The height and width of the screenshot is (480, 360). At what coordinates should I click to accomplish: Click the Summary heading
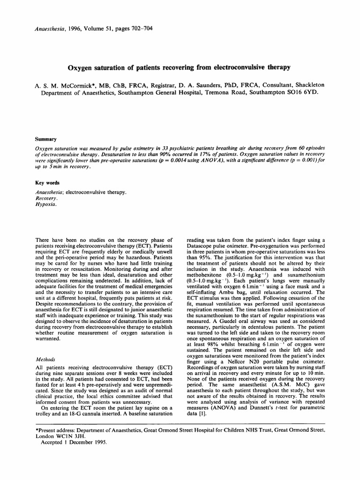click(46, 139)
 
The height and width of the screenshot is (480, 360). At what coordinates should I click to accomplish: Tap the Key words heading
click(48, 183)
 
